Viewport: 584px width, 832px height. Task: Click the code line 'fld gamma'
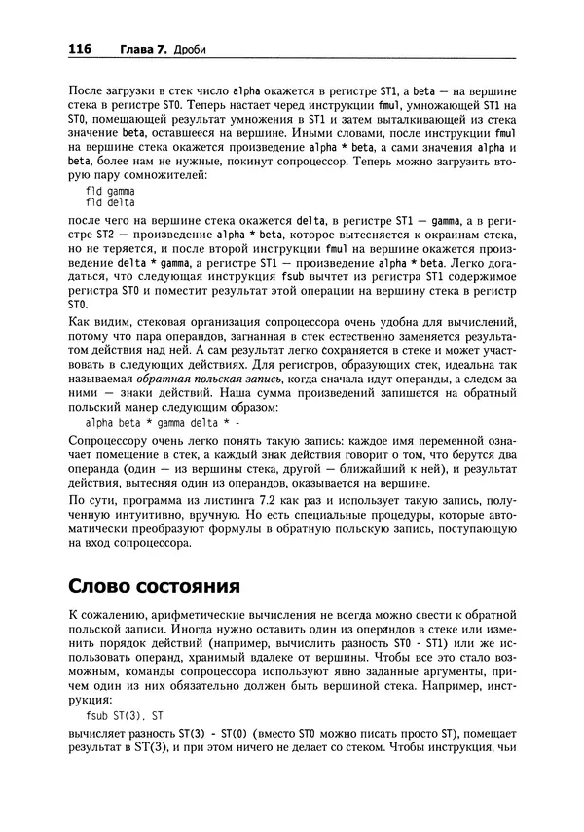point(109,192)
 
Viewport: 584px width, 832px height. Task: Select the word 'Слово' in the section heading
point(107,589)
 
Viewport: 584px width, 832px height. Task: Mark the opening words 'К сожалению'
point(109,618)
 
